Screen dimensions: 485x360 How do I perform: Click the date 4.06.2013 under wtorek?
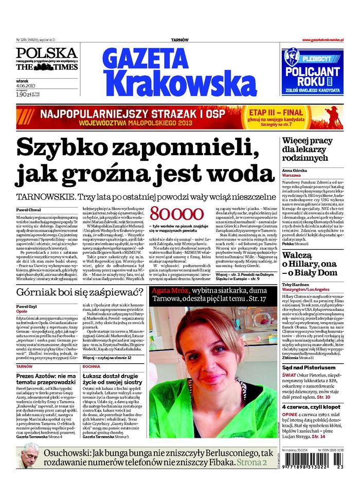click(26, 86)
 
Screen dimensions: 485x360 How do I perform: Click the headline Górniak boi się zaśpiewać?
click(80, 293)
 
